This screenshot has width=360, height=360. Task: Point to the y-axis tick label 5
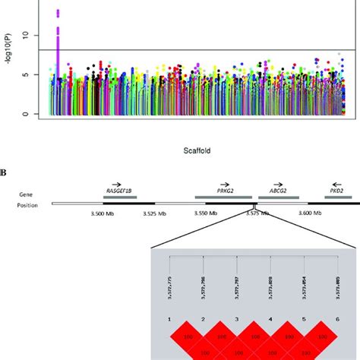[27, 74]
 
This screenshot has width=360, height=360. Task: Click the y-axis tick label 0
[27, 114]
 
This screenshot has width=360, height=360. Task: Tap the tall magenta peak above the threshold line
[58, 30]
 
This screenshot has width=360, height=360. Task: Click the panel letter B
[4, 172]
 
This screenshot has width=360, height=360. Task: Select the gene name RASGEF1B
[118, 191]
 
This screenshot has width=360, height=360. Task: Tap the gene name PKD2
[336, 192]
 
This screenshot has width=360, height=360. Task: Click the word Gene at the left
[26, 194]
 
